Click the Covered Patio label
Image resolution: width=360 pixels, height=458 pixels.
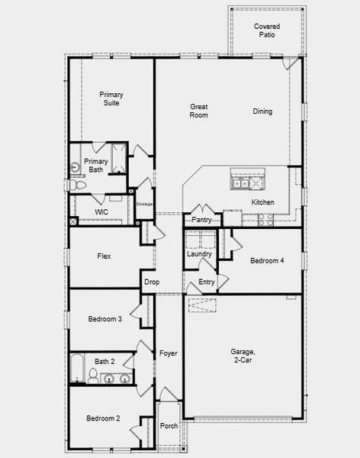266,30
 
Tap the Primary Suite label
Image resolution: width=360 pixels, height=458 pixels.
111,99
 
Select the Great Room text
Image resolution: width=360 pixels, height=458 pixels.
198,111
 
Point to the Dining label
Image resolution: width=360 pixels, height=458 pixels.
262,111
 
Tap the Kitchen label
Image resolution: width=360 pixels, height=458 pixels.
263,202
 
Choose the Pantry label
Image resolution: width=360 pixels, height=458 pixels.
201,220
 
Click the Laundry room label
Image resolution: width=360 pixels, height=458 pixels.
199,254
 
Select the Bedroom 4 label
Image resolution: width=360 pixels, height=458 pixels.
267,261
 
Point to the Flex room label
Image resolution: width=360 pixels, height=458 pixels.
104,256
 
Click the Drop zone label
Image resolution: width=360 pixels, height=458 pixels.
151,282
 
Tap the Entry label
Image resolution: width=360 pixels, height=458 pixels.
207,282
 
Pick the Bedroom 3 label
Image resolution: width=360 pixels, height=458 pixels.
104,319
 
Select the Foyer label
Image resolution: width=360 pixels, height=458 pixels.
168,353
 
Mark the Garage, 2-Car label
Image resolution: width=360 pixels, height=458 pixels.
243,356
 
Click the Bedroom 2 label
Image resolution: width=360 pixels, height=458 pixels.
103,418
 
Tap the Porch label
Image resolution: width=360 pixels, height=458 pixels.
169,426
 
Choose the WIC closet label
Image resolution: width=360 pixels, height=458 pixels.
101,211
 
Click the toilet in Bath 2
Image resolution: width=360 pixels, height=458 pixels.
92,375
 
